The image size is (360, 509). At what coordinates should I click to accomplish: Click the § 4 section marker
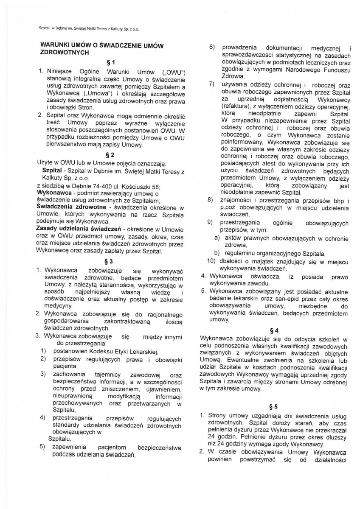(x=274, y=330)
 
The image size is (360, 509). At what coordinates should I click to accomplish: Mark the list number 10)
(x=212, y=261)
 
